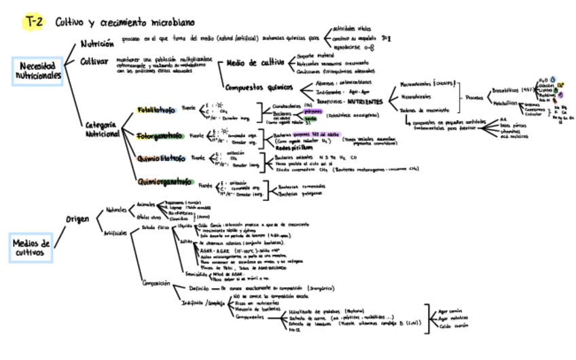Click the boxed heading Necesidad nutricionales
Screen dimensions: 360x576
click(x=38, y=71)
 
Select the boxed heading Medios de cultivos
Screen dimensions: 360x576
click(x=31, y=248)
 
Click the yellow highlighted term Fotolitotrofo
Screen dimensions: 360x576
click(x=156, y=109)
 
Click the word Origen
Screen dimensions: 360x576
click(x=79, y=219)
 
